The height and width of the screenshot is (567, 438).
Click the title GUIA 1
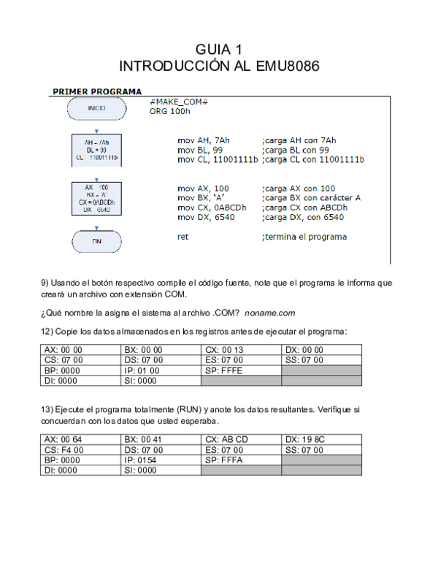coord(219,50)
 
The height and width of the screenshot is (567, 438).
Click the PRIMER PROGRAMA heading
coord(96,92)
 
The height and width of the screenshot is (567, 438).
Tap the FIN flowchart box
coord(96,240)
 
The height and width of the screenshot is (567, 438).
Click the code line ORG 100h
coord(169,112)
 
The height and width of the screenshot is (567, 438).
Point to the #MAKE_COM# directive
coord(179,102)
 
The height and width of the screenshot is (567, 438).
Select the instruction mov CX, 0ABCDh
coord(212,208)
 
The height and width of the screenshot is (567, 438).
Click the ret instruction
coord(183,237)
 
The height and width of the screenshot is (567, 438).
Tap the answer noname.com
coord(269,313)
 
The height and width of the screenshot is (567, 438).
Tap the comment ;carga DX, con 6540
coord(302,218)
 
